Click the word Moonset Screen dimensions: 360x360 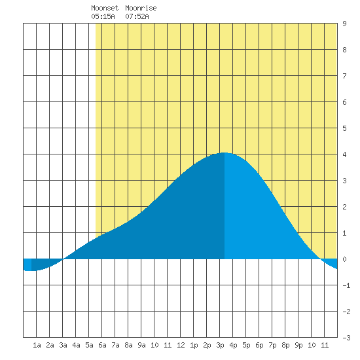coord(105,8)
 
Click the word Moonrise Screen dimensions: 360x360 coord(141,8)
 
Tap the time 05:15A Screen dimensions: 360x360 coord(103,16)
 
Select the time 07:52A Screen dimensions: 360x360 coord(137,16)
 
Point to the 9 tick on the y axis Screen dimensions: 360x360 coord(344,24)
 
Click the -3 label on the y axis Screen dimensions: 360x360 coord(346,338)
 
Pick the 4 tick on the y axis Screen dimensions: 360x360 coord(344,154)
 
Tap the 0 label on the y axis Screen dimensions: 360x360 coord(344,259)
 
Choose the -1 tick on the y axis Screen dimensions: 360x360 coord(346,285)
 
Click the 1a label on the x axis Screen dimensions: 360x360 coord(37,345)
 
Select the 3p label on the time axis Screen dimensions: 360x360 coord(220,345)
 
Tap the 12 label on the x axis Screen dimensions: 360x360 coord(181,345)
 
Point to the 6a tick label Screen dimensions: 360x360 coord(102,345)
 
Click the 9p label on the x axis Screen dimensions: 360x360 coord(298,345)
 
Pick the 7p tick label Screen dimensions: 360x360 coord(272,345)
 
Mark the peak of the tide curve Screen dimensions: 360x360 coord(224,153)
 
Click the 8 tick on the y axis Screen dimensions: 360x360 coord(344,50)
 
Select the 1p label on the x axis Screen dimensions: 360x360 coord(194,345)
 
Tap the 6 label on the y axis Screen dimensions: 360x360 coord(344,102)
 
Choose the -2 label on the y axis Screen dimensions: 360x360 coord(346,312)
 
